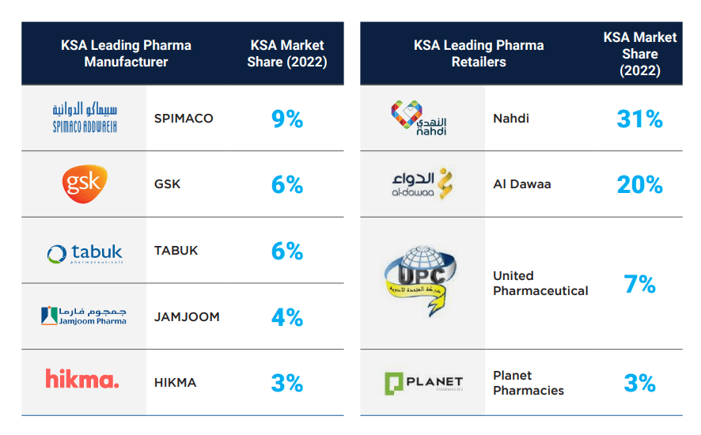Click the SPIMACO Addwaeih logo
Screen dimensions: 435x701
(83, 117)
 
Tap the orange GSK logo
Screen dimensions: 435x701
(84, 184)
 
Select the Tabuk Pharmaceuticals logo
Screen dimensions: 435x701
(84, 253)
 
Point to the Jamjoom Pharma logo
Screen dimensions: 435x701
(83, 316)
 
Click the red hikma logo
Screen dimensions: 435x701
(82, 380)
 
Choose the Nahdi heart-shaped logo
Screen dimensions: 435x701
(419, 118)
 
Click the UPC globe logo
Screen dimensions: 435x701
(421, 283)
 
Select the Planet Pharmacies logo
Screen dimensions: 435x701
(422, 383)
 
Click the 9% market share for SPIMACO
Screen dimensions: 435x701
(286, 119)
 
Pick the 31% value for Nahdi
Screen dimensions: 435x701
(639, 119)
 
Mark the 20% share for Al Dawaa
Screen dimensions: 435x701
(639, 184)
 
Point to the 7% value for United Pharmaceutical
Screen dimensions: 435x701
(639, 284)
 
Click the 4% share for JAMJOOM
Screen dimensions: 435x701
(286, 317)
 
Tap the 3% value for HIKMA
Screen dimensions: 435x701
(286, 384)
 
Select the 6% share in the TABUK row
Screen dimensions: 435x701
(286, 252)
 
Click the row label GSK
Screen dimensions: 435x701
(167, 184)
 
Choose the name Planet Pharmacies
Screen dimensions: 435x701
(529, 383)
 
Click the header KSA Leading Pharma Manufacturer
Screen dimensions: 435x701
(126, 53)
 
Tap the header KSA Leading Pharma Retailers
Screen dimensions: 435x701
(479, 53)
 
